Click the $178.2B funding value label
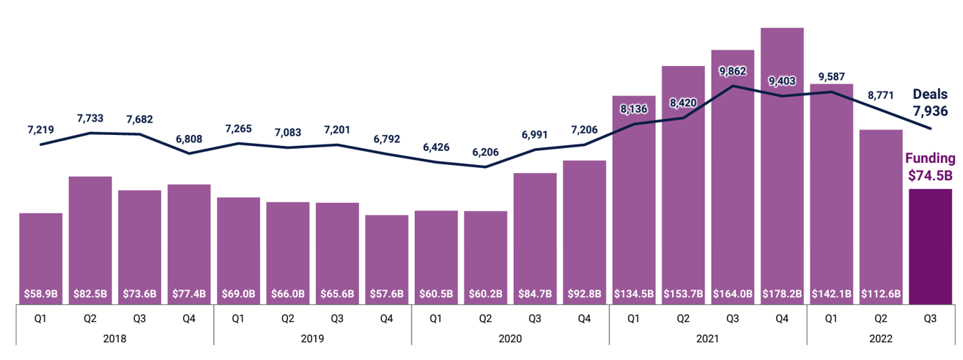(x=782, y=293)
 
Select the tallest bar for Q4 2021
(x=782, y=161)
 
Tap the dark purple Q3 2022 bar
(x=930, y=246)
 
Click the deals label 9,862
(x=733, y=71)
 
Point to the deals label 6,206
(x=485, y=153)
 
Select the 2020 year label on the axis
(x=510, y=339)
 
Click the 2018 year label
(x=114, y=339)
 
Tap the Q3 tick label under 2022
(x=930, y=319)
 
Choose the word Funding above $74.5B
(x=930, y=158)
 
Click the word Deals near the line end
(x=930, y=95)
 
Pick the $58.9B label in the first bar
(x=41, y=293)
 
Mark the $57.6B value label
(x=387, y=293)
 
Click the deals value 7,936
(x=930, y=111)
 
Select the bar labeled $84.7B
(x=535, y=235)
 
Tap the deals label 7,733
(x=90, y=119)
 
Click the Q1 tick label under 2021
(x=634, y=319)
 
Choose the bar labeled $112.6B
(x=880, y=213)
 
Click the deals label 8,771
(x=880, y=95)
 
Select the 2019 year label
(x=312, y=339)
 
